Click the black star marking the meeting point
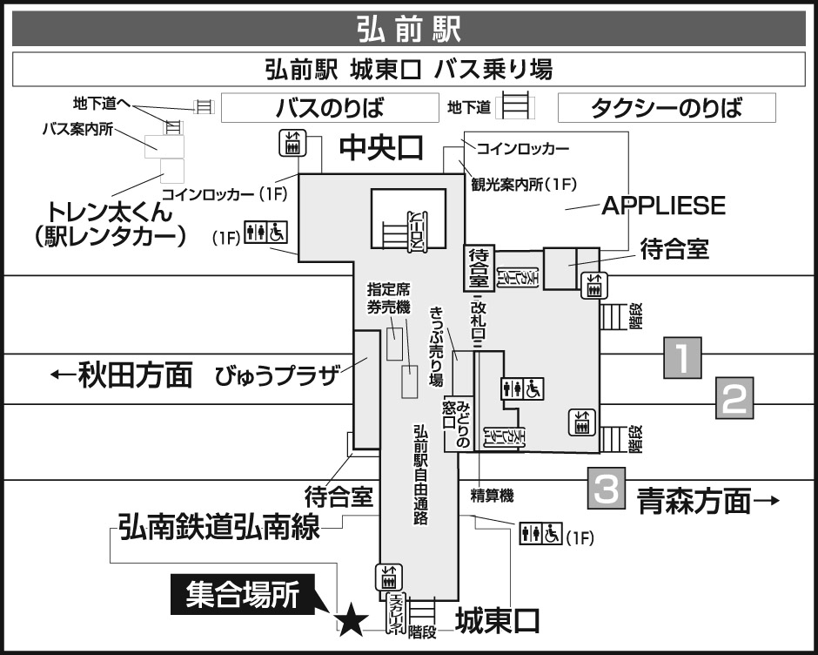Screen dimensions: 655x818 pyautogui.click(x=351, y=621)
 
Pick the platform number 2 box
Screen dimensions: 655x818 pyautogui.click(x=734, y=399)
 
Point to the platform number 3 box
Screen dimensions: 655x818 pyautogui.click(x=607, y=489)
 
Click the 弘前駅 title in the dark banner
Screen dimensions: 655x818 pyautogui.click(x=408, y=28)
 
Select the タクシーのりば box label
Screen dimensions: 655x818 pyautogui.click(x=666, y=109)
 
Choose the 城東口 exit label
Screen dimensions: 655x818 pyautogui.click(x=498, y=621)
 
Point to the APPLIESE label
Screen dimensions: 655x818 pyautogui.click(x=664, y=206)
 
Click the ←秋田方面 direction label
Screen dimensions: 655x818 pyautogui.click(x=121, y=375)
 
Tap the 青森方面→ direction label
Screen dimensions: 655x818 pyautogui.click(x=706, y=501)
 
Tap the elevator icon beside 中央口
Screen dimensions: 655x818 pyautogui.click(x=292, y=143)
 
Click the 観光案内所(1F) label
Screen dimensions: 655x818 pyautogui.click(x=525, y=183)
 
